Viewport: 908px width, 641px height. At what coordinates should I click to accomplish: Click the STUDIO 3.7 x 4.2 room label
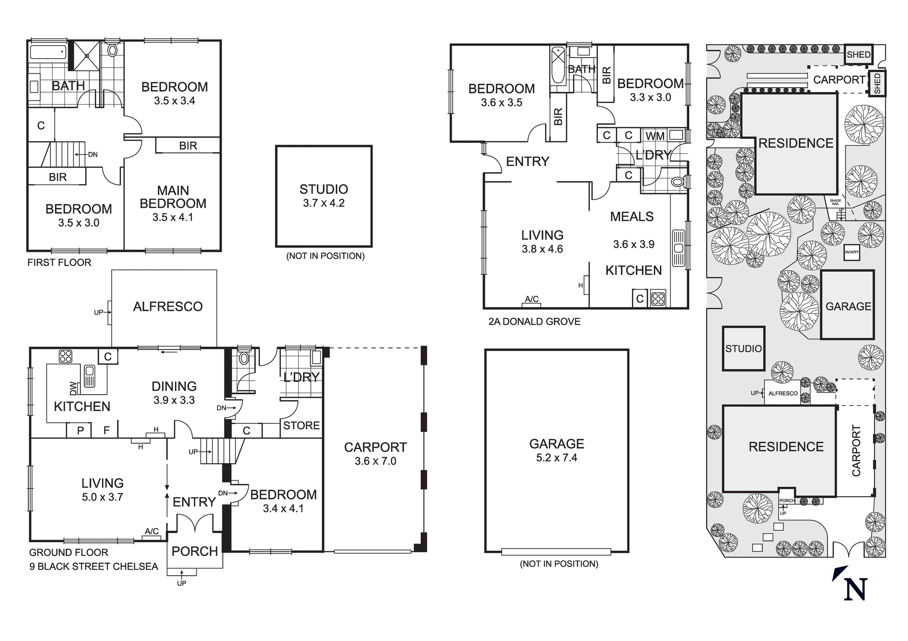click(x=324, y=196)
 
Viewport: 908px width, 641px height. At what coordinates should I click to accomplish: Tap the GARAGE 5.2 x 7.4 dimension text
click(x=557, y=458)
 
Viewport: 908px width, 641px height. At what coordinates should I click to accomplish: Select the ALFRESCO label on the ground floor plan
click(x=168, y=307)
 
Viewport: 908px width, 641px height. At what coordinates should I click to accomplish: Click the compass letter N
click(x=855, y=589)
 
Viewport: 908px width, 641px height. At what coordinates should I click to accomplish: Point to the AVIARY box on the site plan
click(x=852, y=252)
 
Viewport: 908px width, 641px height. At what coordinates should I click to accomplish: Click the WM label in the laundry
click(x=655, y=136)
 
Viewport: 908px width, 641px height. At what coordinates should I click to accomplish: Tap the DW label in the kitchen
click(x=74, y=388)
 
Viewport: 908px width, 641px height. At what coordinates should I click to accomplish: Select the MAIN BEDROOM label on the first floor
click(x=173, y=197)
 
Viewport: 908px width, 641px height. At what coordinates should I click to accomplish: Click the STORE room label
click(x=301, y=426)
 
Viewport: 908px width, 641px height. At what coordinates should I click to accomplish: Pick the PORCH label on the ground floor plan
click(x=195, y=551)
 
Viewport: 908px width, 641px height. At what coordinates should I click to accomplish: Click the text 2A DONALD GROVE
click(x=534, y=322)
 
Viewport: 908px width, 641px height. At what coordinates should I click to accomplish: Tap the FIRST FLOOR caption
click(x=59, y=262)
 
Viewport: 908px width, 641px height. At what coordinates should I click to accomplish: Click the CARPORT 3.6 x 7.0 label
click(x=375, y=454)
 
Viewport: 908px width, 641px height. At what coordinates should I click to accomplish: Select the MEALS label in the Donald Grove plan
click(x=632, y=216)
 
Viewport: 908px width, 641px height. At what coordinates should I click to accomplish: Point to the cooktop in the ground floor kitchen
click(x=65, y=357)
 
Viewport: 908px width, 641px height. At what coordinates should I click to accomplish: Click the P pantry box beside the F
click(x=80, y=430)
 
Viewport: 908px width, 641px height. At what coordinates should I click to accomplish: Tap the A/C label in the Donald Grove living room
click(x=532, y=299)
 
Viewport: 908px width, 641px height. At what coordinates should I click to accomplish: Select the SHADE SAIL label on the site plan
click(x=835, y=202)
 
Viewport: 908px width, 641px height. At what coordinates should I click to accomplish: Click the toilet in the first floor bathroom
click(x=113, y=50)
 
